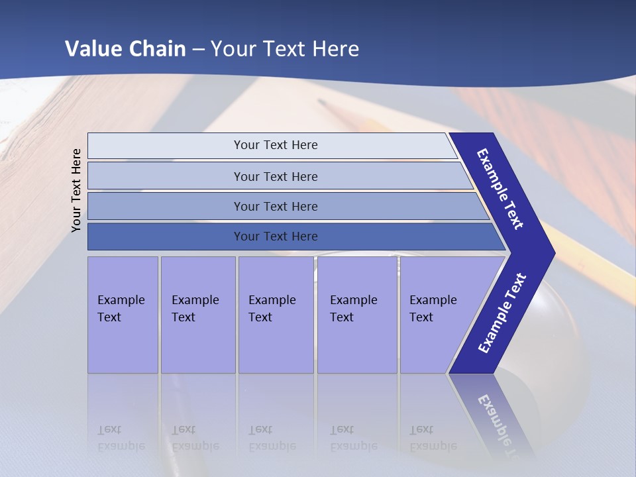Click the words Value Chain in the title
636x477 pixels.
[x=125, y=49]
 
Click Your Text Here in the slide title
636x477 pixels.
[x=285, y=49]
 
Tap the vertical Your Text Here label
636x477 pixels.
[x=76, y=190]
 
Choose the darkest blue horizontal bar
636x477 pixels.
[x=166, y=237]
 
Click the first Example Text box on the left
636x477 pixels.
[x=123, y=315]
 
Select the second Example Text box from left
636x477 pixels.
[x=197, y=315]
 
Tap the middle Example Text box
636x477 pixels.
[x=276, y=315]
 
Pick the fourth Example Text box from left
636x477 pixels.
[x=356, y=315]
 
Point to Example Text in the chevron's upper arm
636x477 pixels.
[x=500, y=189]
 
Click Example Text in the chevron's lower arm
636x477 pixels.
[x=502, y=313]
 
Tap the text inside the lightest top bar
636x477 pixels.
[x=276, y=145]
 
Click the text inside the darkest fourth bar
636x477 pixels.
[x=276, y=237]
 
